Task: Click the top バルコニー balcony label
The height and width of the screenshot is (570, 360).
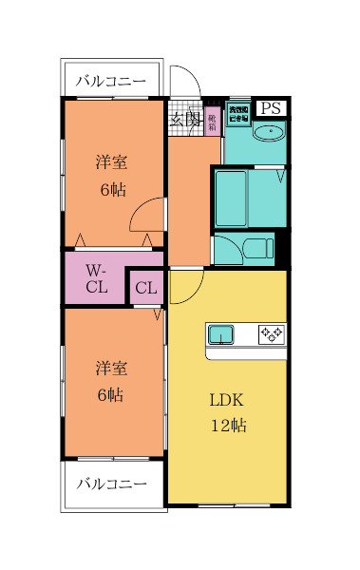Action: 112,82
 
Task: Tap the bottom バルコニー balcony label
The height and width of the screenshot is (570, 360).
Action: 112,484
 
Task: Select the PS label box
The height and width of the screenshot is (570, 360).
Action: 271,108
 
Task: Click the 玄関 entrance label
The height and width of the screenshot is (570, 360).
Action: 185,119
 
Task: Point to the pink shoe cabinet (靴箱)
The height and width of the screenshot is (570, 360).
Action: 212,121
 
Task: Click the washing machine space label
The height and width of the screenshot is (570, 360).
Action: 238,113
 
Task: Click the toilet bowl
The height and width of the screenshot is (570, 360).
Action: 256,249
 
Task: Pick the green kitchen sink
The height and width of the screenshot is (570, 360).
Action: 221,333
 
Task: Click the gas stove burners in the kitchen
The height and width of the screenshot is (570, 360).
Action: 272,333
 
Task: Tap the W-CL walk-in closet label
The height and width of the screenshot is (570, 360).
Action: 96,277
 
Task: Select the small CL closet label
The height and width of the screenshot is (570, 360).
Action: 145,288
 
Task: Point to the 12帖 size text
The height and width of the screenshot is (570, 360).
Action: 228,426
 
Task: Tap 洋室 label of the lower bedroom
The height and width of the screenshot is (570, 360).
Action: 111,368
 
